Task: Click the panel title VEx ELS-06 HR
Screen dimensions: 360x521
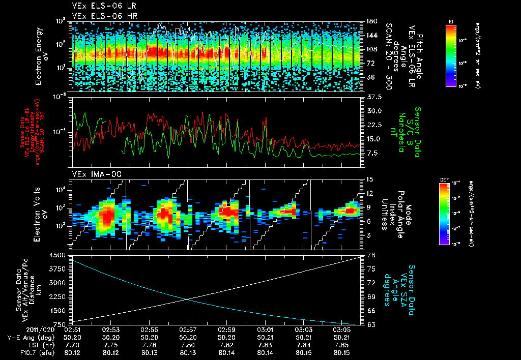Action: [100, 16]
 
